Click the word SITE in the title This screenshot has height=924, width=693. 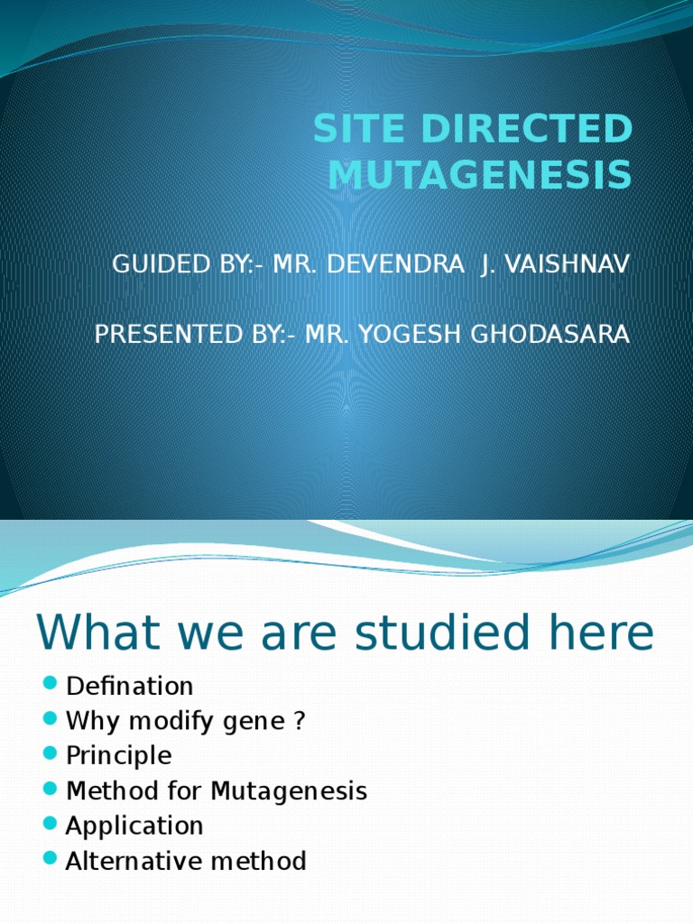(x=354, y=130)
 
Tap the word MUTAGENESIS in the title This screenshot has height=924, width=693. (x=479, y=174)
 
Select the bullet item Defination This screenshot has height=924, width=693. (x=130, y=686)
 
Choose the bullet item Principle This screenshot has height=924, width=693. (x=118, y=755)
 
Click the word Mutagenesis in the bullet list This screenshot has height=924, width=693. (x=289, y=790)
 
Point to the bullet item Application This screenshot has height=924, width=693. (x=134, y=825)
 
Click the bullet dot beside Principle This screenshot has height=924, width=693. (x=50, y=753)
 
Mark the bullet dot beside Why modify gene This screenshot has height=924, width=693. (x=50, y=719)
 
